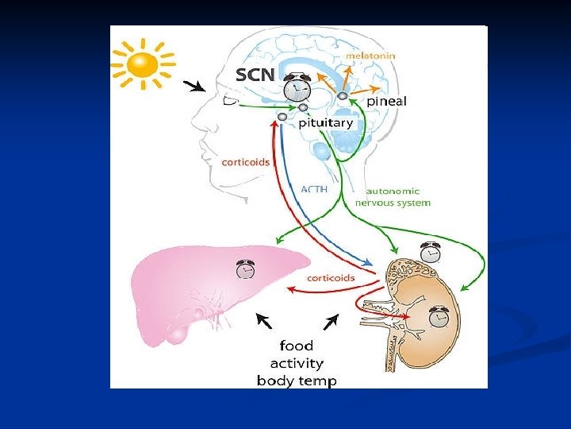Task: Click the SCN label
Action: pyautogui.click(x=256, y=75)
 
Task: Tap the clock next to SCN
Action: pyautogui.click(x=297, y=84)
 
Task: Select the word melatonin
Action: pyautogui.click(x=370, y=56)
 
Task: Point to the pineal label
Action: pyautogui.click(x=386, y=101)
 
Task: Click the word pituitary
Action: pyautogui.click(x=326, y=123)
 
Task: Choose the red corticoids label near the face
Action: pyautogui.click(x=246, y=161)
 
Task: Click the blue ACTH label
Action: pyautogui.click(x=315, y=189)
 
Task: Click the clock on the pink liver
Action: pyautogui.click(x=246, y=269)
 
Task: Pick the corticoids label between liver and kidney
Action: pyautogui.click(x=331, y=278)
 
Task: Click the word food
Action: pyautogui.click(x=296, y=346)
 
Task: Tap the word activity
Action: pyautogui.click(x=296, y=363)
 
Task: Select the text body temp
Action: pyautogui.click(x=296, y=381)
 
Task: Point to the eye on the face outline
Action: pyautogui.click(x=230, y=100)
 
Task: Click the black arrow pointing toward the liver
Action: pyautogui.click(x=263, y=320)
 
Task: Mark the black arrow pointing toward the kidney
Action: pyautogui.click(x=331, y=321)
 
